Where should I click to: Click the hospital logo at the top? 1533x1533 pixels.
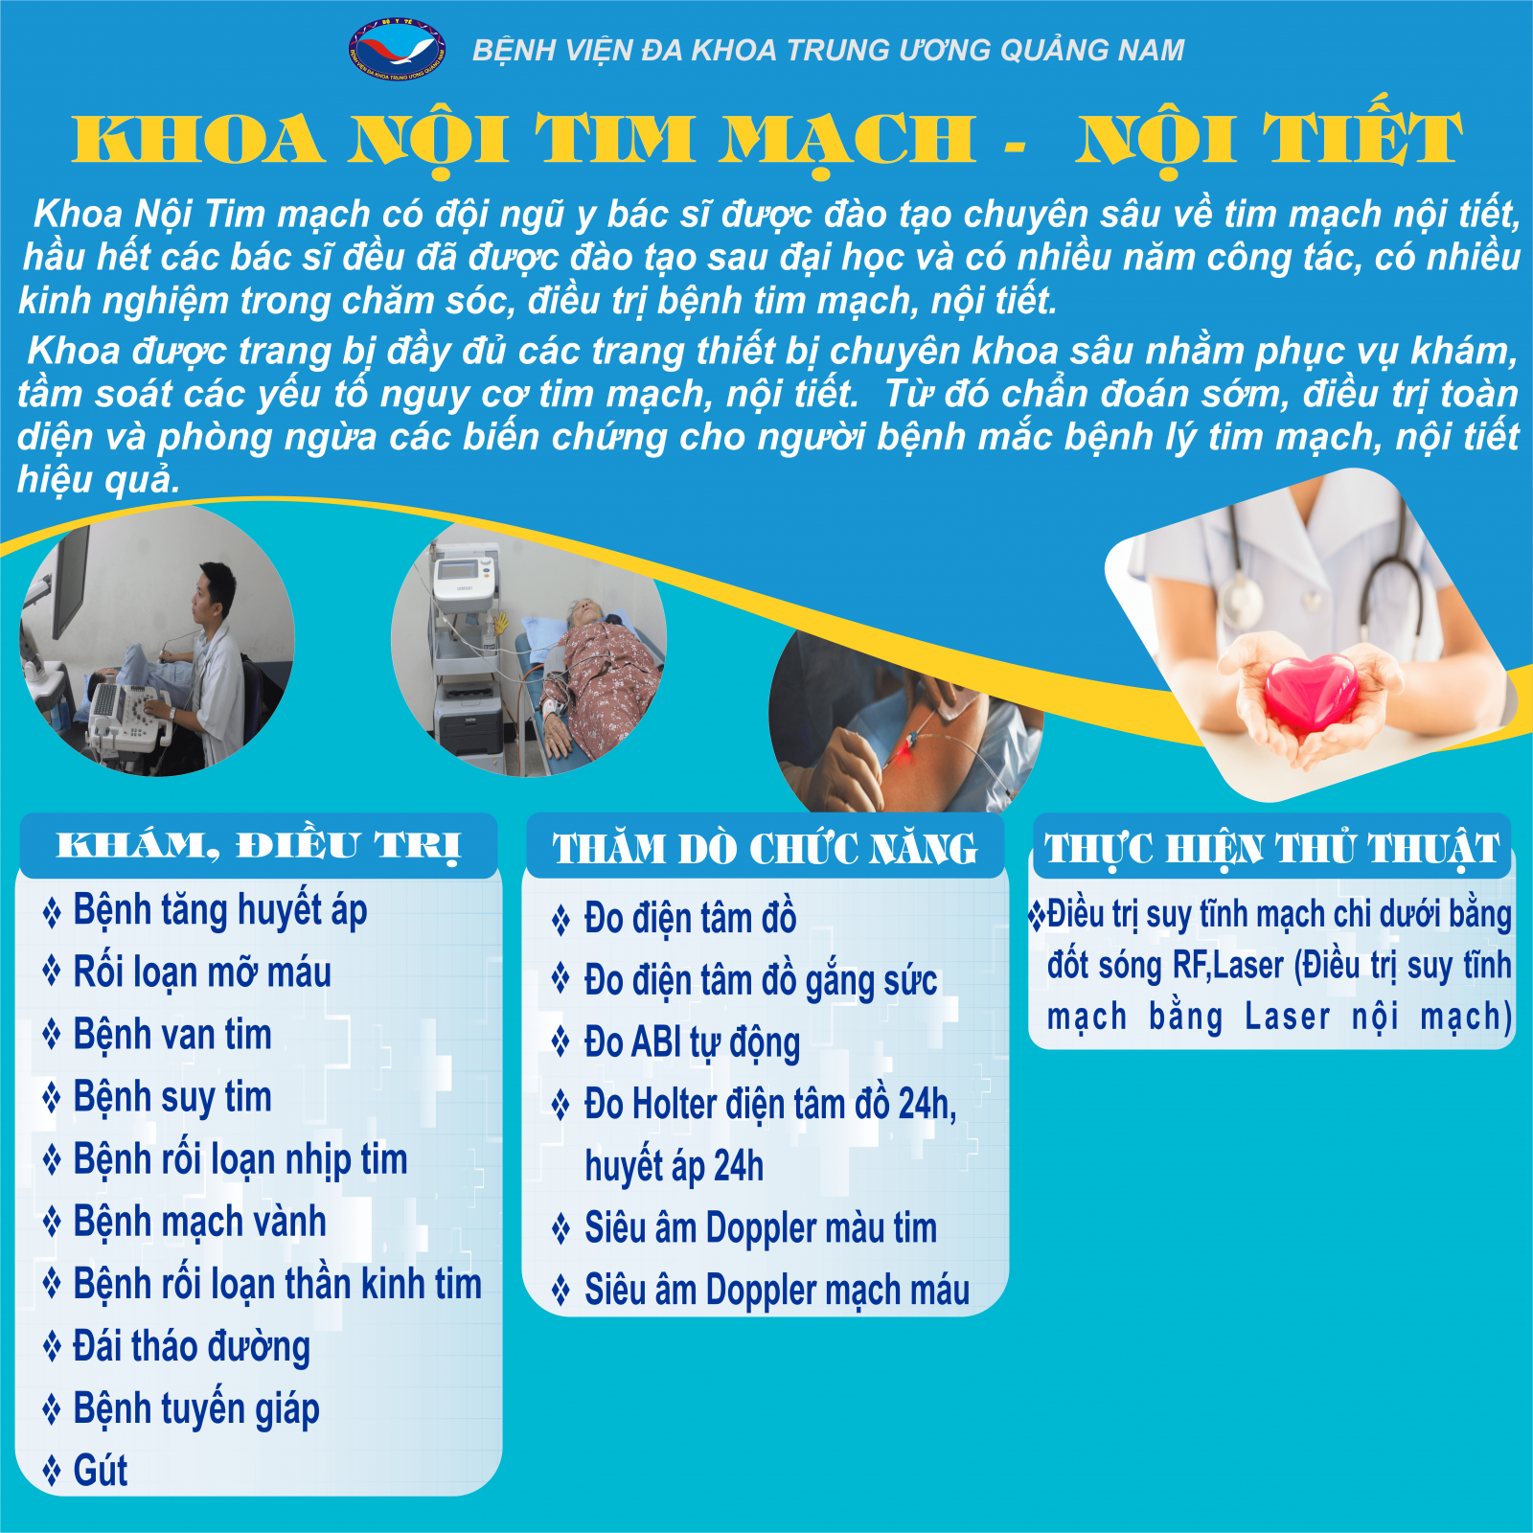point(397,48)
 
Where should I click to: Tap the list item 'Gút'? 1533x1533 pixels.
point(101,1471)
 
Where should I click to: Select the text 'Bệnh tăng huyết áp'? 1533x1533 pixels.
point(220,911)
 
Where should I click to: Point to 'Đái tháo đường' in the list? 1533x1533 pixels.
point(192,1347)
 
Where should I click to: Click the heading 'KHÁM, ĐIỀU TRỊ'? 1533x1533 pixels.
point(259,846)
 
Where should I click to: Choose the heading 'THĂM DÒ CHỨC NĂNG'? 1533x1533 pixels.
point(765,848)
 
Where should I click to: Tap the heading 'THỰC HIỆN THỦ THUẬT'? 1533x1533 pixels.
point(1272,848)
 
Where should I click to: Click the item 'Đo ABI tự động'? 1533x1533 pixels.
point(692,1043)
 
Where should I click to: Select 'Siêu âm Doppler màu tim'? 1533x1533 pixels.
point(761,1228)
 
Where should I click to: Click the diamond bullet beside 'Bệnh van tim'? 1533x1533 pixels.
point(52,1036)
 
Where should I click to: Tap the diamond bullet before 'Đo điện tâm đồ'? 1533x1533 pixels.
point(561,920)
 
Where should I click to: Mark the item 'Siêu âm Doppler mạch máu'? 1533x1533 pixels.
point(777,1291)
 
